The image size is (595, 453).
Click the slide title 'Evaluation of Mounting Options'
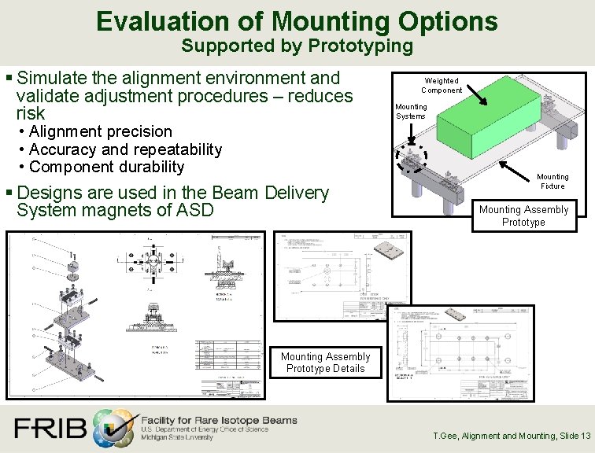[x=297, y=20]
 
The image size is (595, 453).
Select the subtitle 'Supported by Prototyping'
[x=297, y=46]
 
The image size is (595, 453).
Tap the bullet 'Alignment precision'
[x=100, y=131]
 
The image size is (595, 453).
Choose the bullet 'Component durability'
[x=106, y=167]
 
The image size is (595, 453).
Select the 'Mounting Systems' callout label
[x=411, y=111]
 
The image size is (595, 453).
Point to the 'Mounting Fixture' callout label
[x=552, y=181]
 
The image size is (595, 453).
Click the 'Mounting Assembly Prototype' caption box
[x=523, y=215]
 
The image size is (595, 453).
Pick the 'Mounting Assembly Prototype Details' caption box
[x=325, y=363]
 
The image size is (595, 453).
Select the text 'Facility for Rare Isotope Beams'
[x=219, y=420]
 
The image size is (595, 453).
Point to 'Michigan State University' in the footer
[x=177, y=438]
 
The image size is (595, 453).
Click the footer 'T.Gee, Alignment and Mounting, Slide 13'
[x=512, y=436]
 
